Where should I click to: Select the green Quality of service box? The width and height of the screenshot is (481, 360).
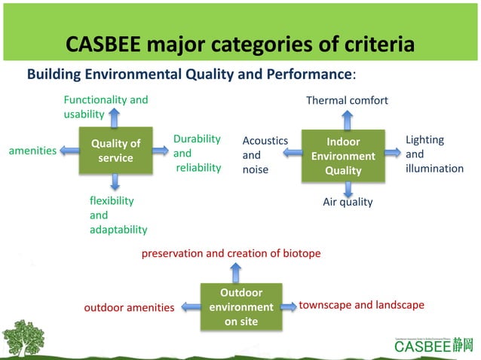point(115,151)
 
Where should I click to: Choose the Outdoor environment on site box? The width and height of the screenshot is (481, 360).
point(240,307)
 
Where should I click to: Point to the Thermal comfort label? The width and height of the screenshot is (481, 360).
point(347,100)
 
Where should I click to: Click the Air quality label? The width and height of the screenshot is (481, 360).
point(348,202)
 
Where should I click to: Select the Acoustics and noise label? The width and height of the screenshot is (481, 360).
point(265,154)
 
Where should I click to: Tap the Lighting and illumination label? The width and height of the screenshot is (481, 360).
point(434,154)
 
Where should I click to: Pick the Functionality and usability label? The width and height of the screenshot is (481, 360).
point(105,107)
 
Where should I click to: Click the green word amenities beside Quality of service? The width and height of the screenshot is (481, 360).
point(32,151)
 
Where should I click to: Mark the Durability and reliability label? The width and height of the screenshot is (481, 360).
point(198,153)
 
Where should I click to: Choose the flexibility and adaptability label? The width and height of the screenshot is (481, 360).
point(118,215)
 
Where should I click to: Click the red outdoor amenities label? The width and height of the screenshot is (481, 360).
point(129,307)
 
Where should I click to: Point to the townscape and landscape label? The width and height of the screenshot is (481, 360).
point(362,305)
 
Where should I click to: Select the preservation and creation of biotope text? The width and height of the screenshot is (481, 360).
point(231,253)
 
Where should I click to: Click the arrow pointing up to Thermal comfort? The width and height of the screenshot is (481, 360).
point(347,118)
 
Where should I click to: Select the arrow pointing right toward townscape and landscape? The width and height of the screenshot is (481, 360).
point(286,307)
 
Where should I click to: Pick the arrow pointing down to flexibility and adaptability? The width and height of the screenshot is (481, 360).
point(115,181)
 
